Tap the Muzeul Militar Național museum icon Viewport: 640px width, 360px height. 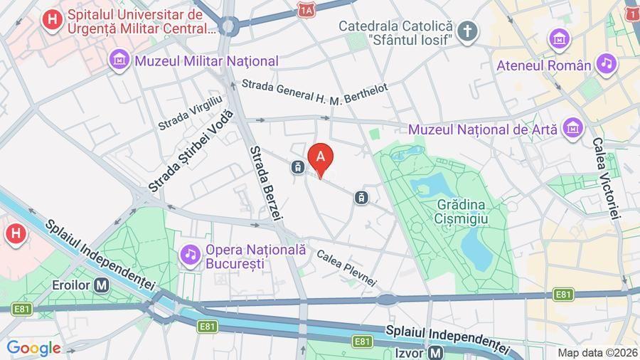pos(119,60)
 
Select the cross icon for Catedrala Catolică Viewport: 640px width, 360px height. pos(466,31)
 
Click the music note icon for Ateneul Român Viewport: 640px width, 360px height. pos(606,64)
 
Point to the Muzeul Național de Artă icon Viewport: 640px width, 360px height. pos(571,129)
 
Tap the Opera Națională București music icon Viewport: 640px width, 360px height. pos(190,253)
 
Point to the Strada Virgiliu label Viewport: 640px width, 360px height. pos(191,113)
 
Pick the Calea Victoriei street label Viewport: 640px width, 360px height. pos(606,178)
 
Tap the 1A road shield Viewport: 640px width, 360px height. pos(306,10)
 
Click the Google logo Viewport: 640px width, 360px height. pos(33,348)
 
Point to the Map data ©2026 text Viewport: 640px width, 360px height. pos(596,352)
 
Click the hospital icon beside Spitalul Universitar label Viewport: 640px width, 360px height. pos(51,19)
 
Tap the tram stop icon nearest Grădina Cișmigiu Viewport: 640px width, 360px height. pos(362,196)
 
